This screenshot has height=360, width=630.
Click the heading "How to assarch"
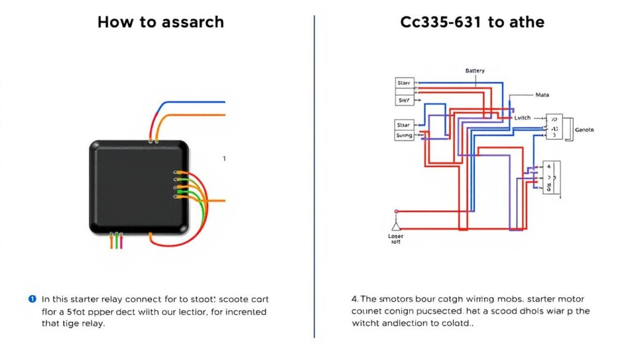[161, 23]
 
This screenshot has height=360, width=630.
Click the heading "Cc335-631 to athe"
[472, 23]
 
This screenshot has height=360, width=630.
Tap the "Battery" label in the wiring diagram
[474, 71]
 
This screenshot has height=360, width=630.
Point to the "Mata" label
[542, 95]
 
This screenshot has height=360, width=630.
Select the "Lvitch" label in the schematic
[522, 116]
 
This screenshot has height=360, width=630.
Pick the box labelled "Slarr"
[404, 82]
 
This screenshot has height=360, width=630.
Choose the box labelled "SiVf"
[404, 100]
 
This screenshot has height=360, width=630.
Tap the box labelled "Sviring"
[404, 135]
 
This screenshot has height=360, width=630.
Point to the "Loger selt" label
[396, 239]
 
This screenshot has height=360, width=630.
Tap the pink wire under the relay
[122, 242]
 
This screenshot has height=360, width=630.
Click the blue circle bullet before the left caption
[32, 299]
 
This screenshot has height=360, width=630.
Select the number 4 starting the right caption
[346, 299]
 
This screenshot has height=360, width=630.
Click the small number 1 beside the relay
[224, 159]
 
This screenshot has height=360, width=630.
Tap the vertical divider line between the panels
[314, 178]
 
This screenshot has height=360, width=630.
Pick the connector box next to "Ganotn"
[554, 126]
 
